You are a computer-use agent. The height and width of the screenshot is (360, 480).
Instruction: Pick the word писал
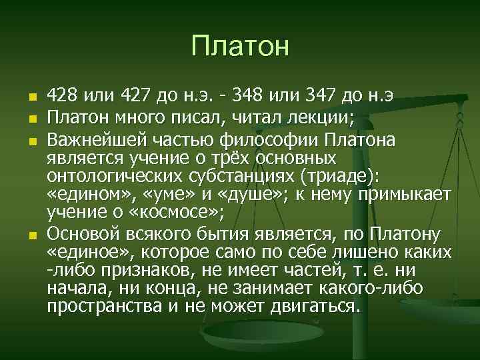[213, 119]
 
